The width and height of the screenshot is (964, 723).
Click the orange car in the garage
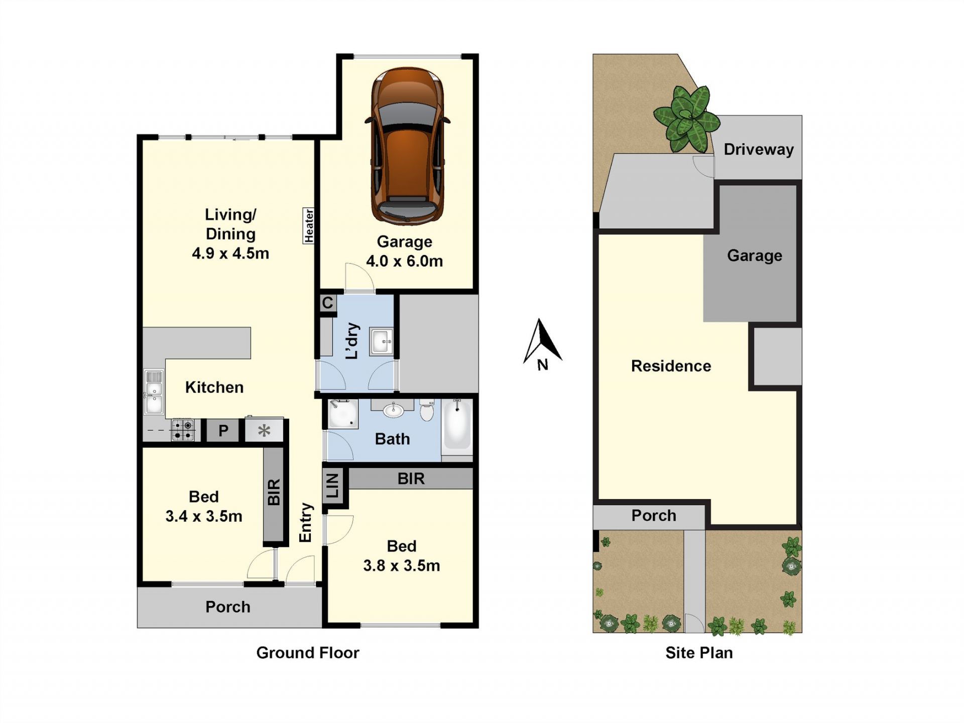click(408, 146)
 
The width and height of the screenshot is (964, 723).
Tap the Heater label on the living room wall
click(309, 225)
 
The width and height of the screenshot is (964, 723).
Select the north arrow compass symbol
click(542, 344)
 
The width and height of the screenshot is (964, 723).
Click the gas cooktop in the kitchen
click(183, 430)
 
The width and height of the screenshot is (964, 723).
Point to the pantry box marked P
click(223, 430)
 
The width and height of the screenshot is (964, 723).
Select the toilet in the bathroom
click(427, 410)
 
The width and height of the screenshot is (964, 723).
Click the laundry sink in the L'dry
click(382, 341)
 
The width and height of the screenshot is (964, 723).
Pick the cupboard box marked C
click(327, 303)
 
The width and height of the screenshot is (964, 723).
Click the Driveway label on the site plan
click(759, 149)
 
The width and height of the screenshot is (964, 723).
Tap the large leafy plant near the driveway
click(686, 119)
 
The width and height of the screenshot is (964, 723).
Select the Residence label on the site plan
click(671, 366)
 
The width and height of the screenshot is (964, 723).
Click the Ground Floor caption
click(308, 653)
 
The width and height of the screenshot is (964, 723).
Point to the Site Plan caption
click(699, 653)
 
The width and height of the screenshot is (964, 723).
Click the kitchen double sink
click(154, 392)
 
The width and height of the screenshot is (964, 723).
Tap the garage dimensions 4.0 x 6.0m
click(404, 261)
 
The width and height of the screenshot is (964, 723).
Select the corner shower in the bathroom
click(342, 414)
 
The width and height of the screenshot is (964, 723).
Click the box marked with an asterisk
click(264, 430)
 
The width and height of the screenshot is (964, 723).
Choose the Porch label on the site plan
click(654, 516)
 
